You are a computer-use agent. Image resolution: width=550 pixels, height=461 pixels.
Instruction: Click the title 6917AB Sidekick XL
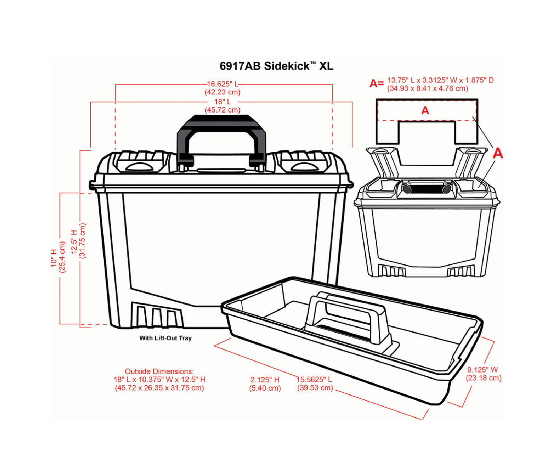click(x=276, y=66)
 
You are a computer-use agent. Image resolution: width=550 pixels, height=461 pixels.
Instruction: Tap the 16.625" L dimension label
click(x=222, y=84)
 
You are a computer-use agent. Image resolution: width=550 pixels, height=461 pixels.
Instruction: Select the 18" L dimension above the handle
click(x=222, y=102)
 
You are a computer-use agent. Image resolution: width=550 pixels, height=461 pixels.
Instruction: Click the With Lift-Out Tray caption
click(x=165, y=338)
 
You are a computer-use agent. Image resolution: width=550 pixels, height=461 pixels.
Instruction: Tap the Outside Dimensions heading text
click(x=159, y=371)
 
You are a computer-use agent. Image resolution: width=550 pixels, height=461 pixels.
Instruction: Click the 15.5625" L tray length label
click(x=314, y=380)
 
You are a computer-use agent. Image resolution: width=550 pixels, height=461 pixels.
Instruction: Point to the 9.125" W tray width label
click(x=483, y=370)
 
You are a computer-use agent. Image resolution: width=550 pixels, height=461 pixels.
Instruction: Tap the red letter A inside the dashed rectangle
click(x=425, y=111)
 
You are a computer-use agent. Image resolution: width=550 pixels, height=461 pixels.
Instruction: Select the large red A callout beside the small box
click(x=497, y=154)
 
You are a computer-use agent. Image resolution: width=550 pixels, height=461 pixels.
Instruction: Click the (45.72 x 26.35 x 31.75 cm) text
click(x=159, y=388)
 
